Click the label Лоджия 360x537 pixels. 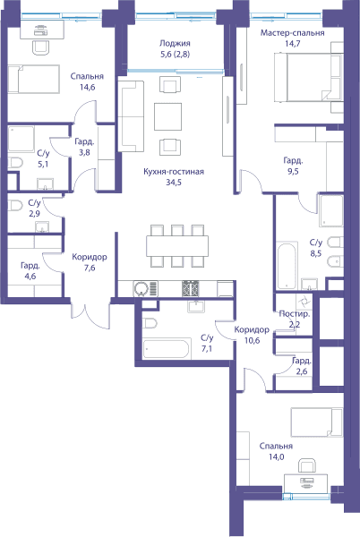175,44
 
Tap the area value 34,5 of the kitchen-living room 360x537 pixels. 174,183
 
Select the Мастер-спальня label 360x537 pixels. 293,33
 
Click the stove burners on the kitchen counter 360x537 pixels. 190,288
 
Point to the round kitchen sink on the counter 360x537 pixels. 141,288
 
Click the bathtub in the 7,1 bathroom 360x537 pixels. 167,348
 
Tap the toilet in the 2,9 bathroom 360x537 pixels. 14,206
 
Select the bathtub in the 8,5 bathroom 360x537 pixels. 287,266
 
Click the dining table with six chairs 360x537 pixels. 177,245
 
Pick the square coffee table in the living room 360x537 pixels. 167,116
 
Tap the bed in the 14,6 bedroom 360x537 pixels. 33,79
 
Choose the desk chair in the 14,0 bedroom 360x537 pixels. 306,467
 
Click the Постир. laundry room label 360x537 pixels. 295,313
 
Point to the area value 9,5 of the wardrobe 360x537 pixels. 293,171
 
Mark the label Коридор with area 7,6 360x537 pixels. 90,257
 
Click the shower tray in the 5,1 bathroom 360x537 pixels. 21,139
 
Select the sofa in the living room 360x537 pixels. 131,116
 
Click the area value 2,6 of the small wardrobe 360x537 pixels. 302,371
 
